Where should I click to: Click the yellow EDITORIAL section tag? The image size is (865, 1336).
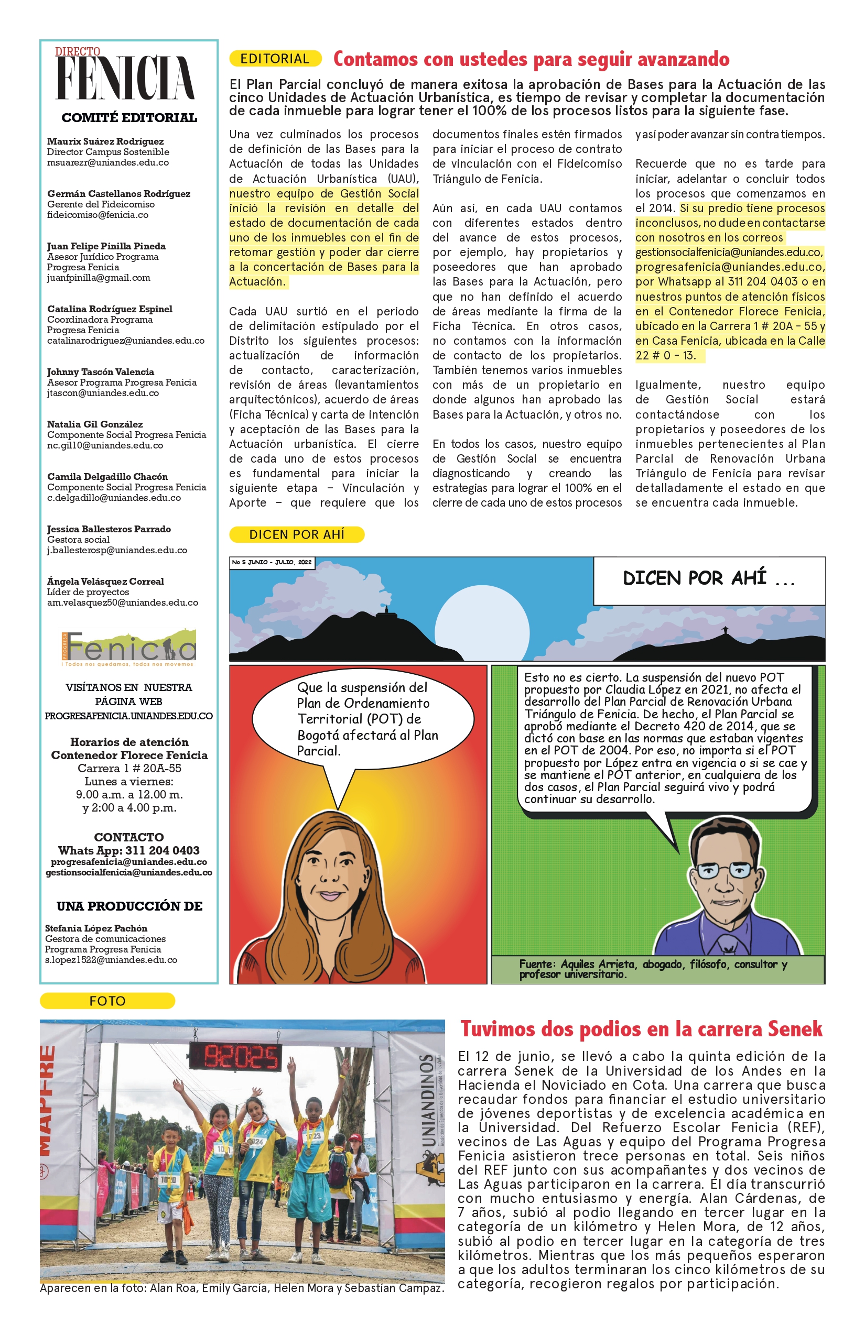(x=275, y=58)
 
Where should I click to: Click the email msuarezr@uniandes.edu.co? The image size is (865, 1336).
(x=108, y=162)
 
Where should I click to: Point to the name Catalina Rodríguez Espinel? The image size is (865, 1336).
(x=110, y=309)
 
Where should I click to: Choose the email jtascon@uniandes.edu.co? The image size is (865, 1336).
(x=103, y=393)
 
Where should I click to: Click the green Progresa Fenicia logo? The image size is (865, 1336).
(x=128, y=648)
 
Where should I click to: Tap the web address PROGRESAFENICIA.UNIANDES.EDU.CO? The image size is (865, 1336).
(x=128, y=716)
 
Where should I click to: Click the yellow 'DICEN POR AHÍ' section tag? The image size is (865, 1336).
(x=297, y=534)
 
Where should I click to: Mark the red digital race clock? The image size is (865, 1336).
(x=242, y=1058)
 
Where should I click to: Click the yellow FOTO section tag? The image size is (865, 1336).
(x=107, y=1001)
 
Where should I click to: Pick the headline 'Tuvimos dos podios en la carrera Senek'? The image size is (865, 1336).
(x=641, y=1029)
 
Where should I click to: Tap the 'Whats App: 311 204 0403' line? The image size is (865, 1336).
(x=128, y=850)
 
